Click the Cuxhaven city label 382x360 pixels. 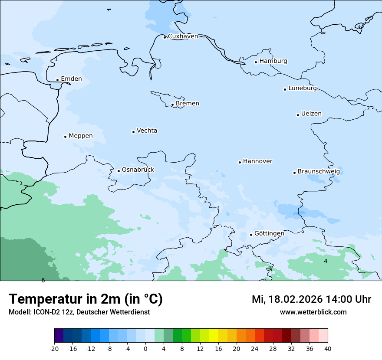point(183,36)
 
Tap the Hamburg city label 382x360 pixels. point(273,61)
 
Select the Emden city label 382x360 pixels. point(71,79)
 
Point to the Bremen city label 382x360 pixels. point(188,104)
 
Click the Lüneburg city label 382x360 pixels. point(302,88)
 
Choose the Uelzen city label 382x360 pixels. point(311,114)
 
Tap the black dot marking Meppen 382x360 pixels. point(65,137)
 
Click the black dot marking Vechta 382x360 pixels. point(133,132)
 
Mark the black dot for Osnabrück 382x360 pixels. point(119,171)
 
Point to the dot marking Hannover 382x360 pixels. point(240,162)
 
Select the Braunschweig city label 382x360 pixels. point(319,172)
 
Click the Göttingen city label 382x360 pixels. point(269,234)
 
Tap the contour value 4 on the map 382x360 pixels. point(326,261)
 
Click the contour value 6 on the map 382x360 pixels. point(43,280)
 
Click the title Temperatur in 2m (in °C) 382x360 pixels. point(86,299)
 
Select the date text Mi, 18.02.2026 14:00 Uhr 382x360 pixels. point(311,299)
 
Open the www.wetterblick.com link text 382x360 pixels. point(313,312)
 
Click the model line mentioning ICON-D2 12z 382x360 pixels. point(79,312)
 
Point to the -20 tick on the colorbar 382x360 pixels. point(54,349)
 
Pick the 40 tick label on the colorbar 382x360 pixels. point(328,349)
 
